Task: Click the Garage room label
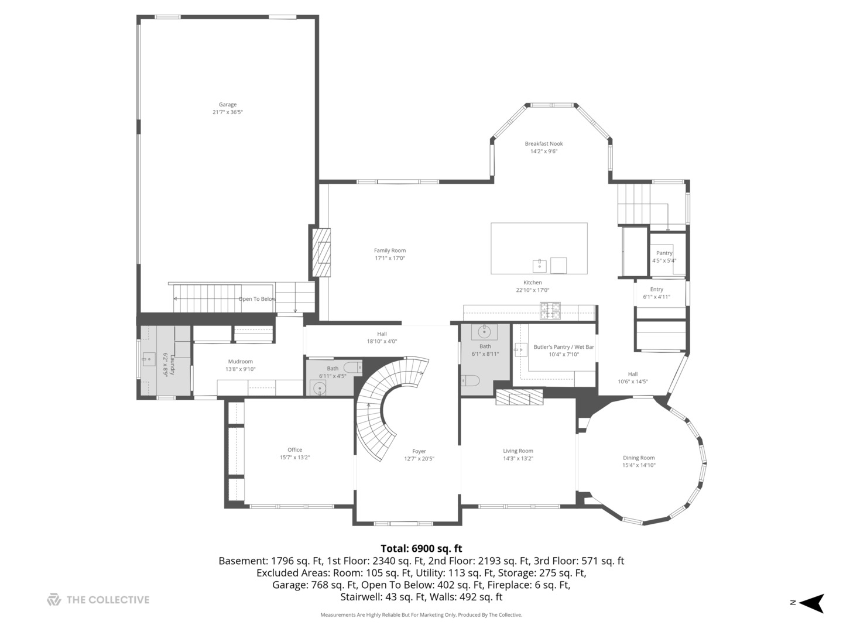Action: tap(227, 104)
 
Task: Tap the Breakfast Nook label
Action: tap(543, 143)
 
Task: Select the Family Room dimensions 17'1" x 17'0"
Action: tap(390, 258)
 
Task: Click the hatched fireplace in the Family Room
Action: tap(321, 252)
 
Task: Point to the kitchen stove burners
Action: tap(550, 311)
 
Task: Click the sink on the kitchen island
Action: tap(539, 266)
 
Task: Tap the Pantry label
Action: tap(664, 253)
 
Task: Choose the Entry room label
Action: tap(656, 289)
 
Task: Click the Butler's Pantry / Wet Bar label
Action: tap(563, 347)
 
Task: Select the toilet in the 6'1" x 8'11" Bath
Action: tap(470, 380)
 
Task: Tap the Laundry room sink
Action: tap(149, 359)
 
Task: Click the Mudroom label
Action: tap(241, 362)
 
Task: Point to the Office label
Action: tap(294, 450)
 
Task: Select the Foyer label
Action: tap(419, 451)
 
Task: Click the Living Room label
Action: tap(518, 451)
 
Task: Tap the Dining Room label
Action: tap(639, 458)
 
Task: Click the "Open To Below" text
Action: tap(257, 299)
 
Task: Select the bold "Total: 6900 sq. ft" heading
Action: tap(421, 548)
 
